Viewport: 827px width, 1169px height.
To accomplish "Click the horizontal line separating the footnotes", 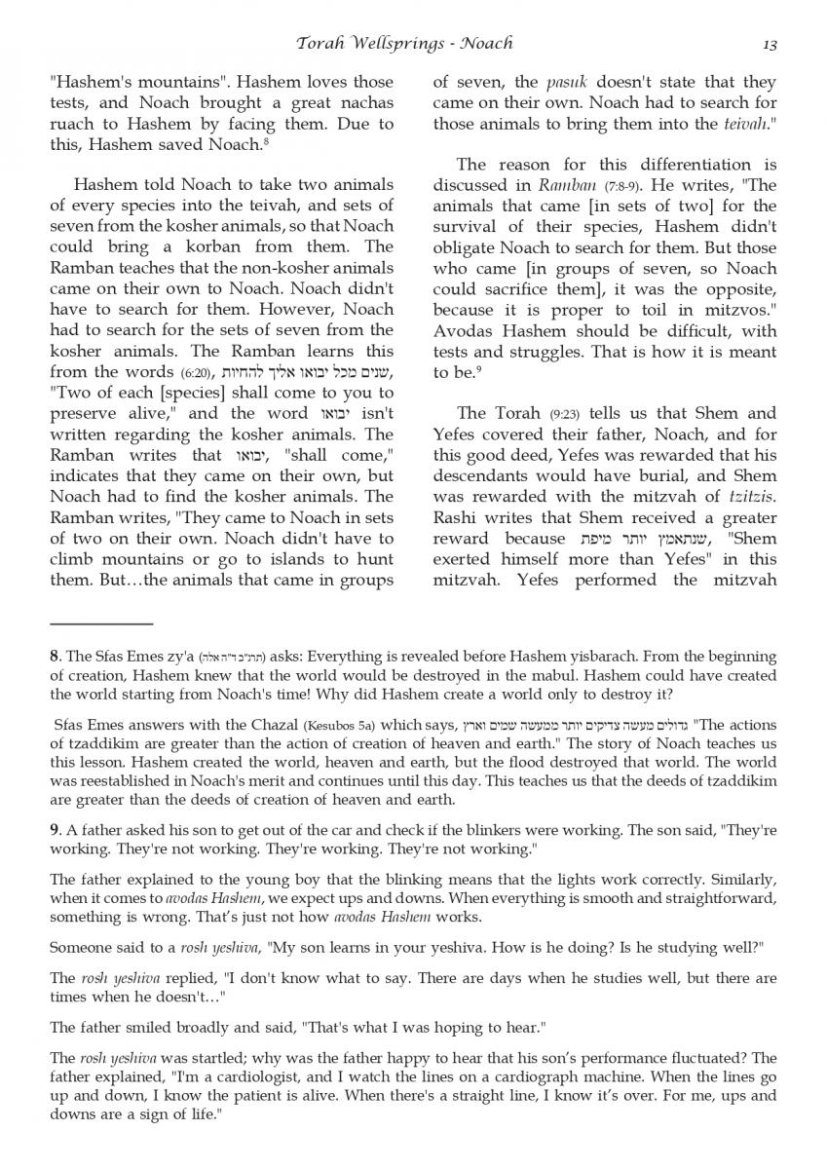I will pyautogui.click(x=101, y=622).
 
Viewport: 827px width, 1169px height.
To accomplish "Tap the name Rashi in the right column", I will pyautogui.click(x=453, y=518).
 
